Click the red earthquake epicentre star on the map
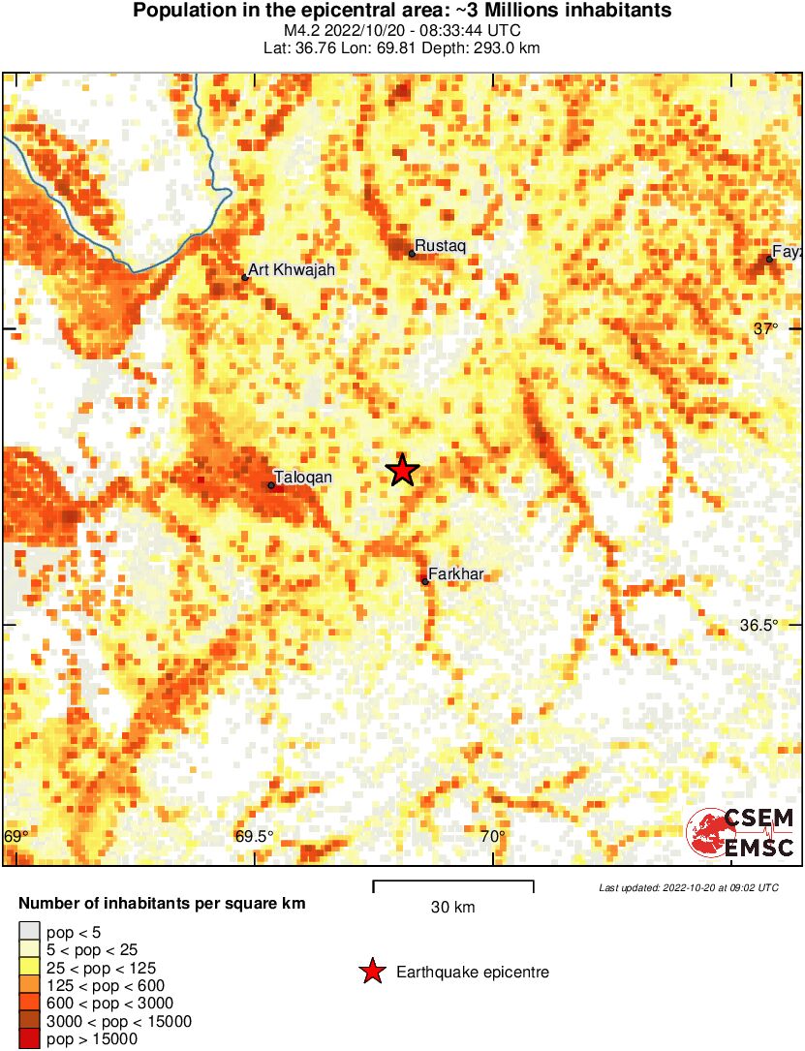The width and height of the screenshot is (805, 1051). pos(402,471)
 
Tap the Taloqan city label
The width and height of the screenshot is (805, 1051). pos(303,478)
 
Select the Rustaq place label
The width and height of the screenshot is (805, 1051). pos(441,247)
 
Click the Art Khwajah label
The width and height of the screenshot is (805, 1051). pos(292,270)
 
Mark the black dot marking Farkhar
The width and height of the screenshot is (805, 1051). pos(425,582)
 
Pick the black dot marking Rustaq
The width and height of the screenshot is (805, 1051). pos(412,254)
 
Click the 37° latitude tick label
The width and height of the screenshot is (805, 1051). pos(765,329)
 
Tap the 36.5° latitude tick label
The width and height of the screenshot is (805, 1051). pos(759,625)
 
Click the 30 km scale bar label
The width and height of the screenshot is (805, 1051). pos(452,908)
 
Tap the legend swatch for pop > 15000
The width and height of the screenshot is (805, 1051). pos(30,1039)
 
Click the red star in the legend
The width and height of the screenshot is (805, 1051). pos(372,972)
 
